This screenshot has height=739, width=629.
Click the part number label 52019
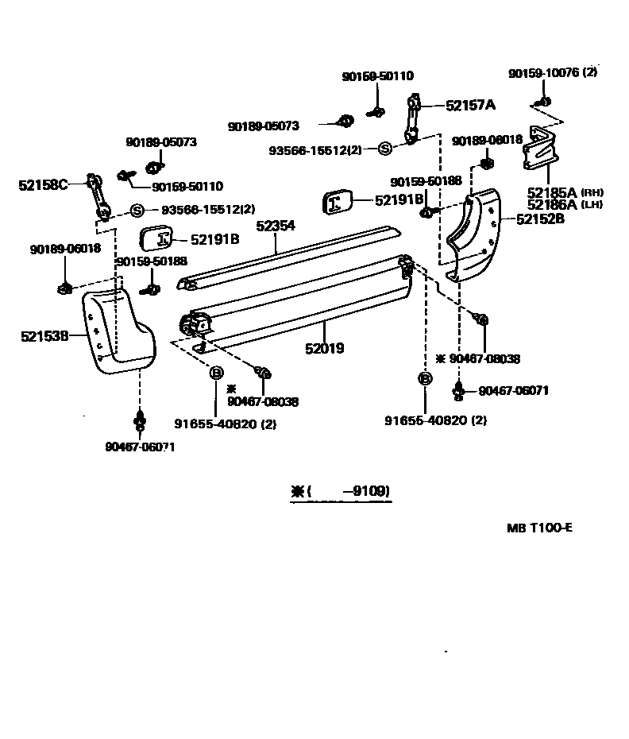pos(324,348)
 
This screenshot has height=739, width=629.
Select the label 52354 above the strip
pos(276,226)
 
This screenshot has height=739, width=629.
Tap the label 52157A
pos(470,104)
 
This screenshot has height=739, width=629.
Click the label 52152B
pos(540,219)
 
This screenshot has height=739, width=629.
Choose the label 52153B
pos(44,336)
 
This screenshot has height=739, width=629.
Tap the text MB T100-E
pos(539,528)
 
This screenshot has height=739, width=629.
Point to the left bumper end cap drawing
pos(117,330)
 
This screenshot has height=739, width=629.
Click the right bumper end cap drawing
pos(474,232)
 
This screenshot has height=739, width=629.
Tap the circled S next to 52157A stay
pos(384,148)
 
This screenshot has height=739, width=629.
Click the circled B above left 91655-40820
pos(215,373)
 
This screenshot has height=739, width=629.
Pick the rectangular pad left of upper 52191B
pos(340,202)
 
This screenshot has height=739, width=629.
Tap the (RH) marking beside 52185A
pos(592,192)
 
